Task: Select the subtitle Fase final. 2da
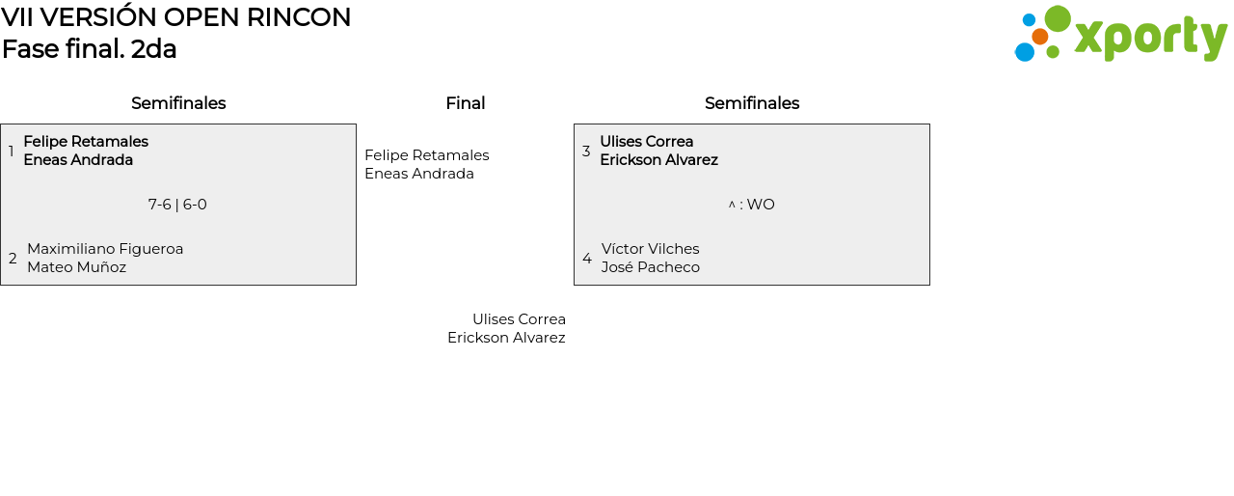(90, 48)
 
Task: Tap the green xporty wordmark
(1151, 38)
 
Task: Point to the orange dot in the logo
(1040, 37)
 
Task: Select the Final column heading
(466, 103)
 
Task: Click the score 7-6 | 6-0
(177, 205)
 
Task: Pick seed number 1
(11, 151)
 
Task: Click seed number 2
(13, 258)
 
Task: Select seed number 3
(586, 151)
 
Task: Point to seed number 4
(587, 258)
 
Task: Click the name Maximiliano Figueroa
(105, 249)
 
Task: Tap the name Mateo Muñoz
(76, 266)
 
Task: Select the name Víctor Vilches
(650, 249)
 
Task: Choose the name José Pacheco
(650, 266)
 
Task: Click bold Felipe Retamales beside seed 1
(86, 142)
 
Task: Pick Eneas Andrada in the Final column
(419, 174)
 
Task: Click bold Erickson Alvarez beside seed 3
(658, 160)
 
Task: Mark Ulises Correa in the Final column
(519, 319)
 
